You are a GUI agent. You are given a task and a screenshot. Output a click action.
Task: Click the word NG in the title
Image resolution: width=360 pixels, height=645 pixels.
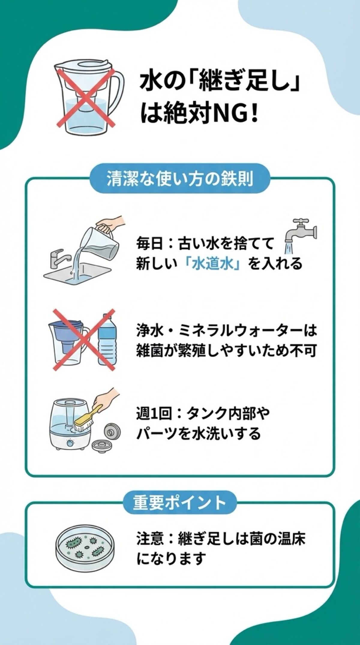[x=230, y=115]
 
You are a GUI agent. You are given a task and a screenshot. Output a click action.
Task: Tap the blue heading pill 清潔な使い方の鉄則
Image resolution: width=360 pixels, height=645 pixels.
[x=180, y=179]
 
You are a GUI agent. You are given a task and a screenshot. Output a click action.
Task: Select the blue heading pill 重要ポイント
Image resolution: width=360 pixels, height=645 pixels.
[x=180, y=502]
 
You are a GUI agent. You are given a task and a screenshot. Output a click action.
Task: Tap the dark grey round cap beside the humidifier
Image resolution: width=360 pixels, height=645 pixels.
[x=113, y=431]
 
